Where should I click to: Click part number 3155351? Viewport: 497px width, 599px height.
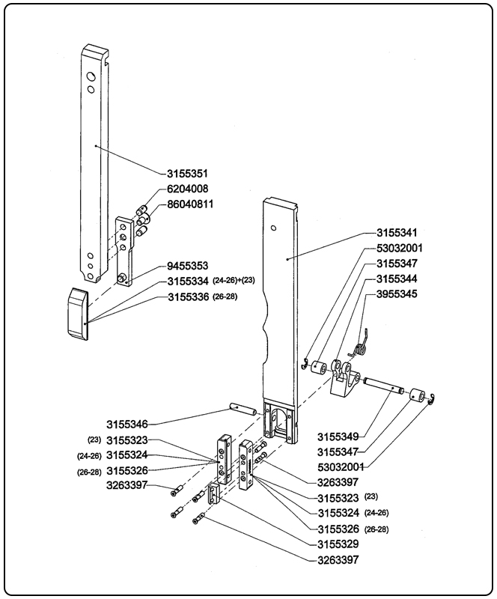click(x=187, y=174)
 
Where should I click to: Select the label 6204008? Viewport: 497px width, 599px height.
click(x=187, y=189)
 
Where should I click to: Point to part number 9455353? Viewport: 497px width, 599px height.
click(x=187, y=266)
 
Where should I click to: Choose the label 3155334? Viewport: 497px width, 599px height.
click(x=187, y=282)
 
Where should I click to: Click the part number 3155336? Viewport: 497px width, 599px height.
click(x=187, y=298)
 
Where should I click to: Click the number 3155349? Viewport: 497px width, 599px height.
click(x=337, y=435)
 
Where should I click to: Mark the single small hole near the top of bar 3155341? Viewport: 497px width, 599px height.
click(x=275, y=226)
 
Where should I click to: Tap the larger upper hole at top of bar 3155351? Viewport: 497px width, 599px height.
click(x=90, y=76)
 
